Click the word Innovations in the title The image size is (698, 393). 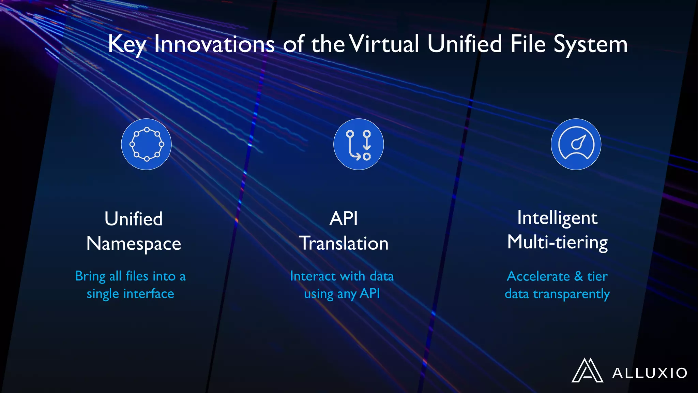[214, 44]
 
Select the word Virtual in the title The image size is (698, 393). [384, 44]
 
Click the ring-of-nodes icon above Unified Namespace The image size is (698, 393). [147, 144]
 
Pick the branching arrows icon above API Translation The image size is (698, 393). [359, 144]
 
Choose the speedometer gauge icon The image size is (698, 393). [576, 144]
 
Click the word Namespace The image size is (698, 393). [134, 244]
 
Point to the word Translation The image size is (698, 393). [344, 244]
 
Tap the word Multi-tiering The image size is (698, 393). [557, 243]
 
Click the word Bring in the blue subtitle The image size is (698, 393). [90, 276]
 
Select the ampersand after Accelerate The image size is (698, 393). [578, 276]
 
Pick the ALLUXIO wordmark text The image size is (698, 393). [650, 373]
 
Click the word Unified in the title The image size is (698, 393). [465, 44]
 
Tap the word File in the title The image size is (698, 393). [528, 44]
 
